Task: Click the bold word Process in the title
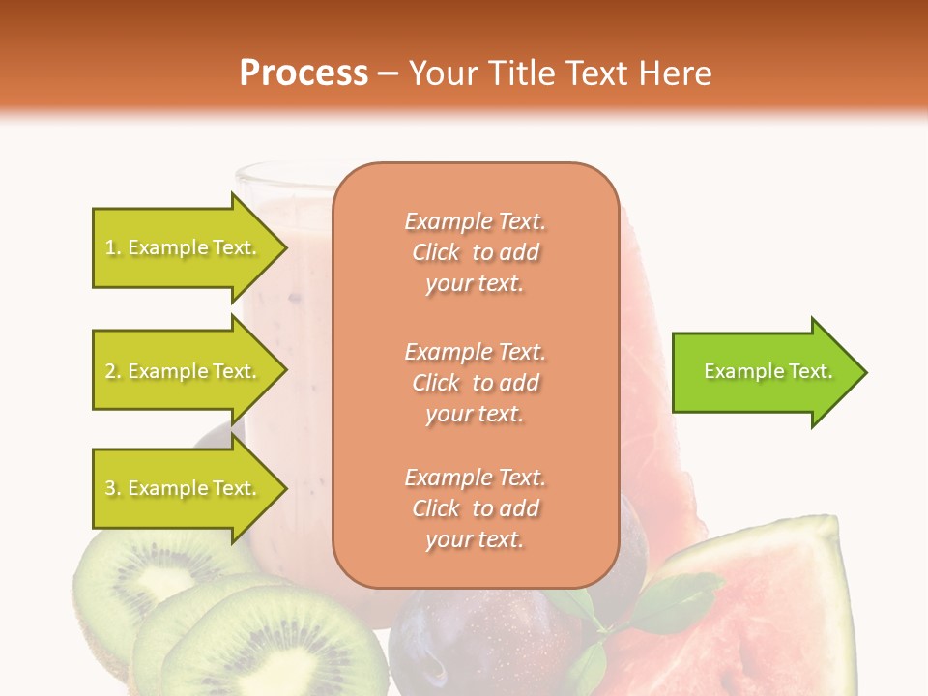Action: tap(304, 72)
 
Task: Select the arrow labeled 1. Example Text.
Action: tap(184, 247)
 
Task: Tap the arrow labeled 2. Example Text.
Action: tap(184, 371)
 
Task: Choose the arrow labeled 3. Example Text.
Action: tap(184, 488)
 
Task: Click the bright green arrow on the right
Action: tap(764, 371)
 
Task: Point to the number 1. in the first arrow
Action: tap(113, 247)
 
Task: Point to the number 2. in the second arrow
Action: tap(113, 371)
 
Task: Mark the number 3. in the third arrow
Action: tap(113, 488)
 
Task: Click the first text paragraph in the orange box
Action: tap(475, 252)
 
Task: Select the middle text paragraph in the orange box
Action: tap(475, 383)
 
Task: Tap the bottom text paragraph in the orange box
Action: tap(475, 508)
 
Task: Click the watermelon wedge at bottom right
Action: tap(764, 609)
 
